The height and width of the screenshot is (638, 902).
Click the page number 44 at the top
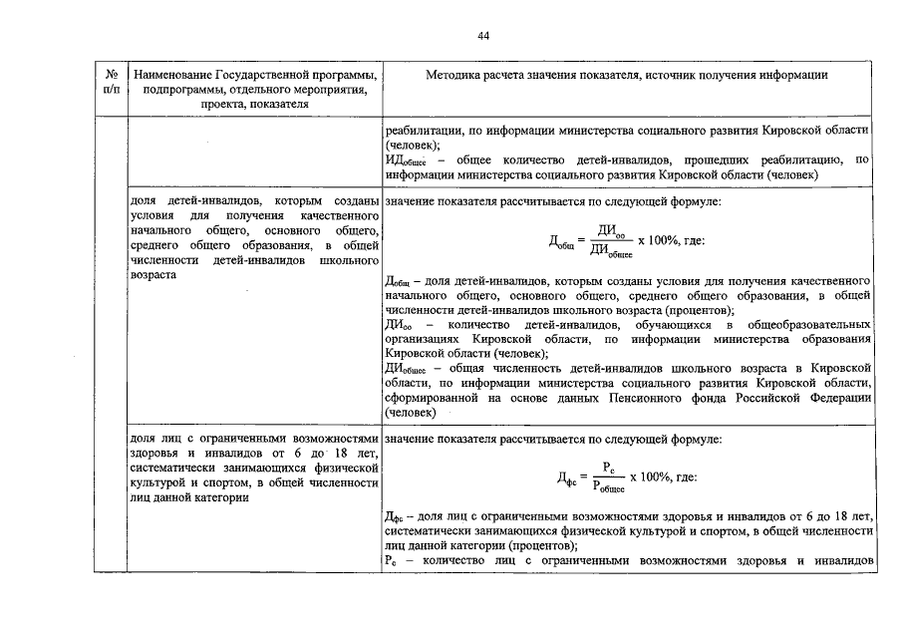click(x=483, y=36)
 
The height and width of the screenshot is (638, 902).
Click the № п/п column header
click(x=111, y=82)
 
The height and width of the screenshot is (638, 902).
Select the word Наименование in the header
click(x=173, y=75)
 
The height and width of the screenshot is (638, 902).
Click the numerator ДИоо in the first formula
click(x=610, y=231)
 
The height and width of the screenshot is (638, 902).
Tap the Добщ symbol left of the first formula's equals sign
click(x=562, y=242)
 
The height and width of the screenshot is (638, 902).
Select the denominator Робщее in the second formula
click(x=609, y=485)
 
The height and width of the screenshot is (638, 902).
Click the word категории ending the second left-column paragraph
click(x=219, y=499)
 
